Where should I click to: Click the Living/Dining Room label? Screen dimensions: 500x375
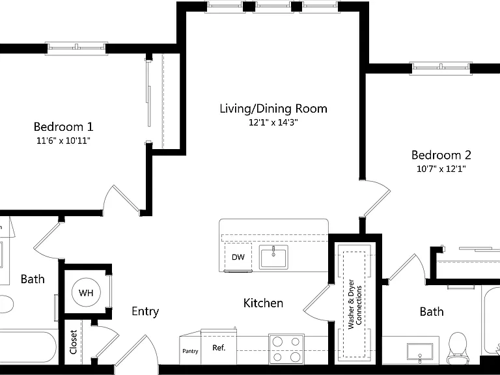click(x=273, y=109)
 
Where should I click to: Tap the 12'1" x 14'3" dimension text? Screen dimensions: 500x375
click(x=273, y=122)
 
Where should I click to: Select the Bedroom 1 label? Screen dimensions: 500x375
click(x=63, y=126)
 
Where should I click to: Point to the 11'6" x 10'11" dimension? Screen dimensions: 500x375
click(x=63, y=141)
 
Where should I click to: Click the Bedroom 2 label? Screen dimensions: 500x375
click(x=441, y=155)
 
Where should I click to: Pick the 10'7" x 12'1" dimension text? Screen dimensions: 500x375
click(x=441, y=169)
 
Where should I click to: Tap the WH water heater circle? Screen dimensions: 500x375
click(x=86, y=292)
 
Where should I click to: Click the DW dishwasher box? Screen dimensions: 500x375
click(x=238, y=257)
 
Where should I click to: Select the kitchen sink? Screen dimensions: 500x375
click(x=273, y=257)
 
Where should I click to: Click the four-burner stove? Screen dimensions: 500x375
click(x=286, y=349)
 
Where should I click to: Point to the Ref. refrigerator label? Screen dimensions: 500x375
click(x=219, y=348)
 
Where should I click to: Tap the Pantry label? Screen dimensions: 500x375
click(x=190, y=351)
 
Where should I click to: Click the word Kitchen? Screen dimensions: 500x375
click(x=263, y=303)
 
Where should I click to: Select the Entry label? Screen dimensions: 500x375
click(x=145, y=311)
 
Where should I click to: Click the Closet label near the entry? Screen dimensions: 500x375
click(x=74, y=342)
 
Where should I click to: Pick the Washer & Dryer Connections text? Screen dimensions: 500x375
click(x=355, y=304)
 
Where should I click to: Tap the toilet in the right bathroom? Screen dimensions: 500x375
click(x=457, y=348)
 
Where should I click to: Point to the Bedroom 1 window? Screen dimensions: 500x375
click(x=76, y=48)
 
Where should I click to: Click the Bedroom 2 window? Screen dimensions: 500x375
click(x=441, y=68)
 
